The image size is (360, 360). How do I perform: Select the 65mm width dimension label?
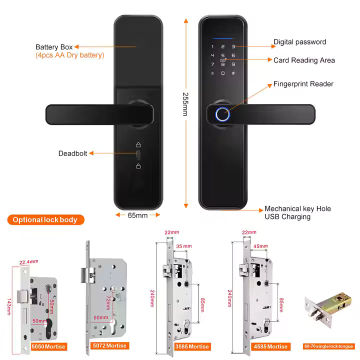138,215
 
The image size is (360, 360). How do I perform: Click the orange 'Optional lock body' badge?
45,219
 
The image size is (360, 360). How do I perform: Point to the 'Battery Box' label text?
54,47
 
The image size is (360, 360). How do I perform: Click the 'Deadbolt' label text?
73,153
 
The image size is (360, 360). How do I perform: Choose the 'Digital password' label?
299,42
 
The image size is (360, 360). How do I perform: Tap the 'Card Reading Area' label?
304,60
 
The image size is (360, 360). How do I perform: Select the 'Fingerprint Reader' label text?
303,84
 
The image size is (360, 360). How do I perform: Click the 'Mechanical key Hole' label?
297,208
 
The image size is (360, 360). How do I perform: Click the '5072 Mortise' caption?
110,346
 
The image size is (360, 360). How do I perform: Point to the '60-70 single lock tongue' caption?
328,346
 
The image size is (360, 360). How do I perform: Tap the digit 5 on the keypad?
223,55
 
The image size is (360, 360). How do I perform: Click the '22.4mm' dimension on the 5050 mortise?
29,261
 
